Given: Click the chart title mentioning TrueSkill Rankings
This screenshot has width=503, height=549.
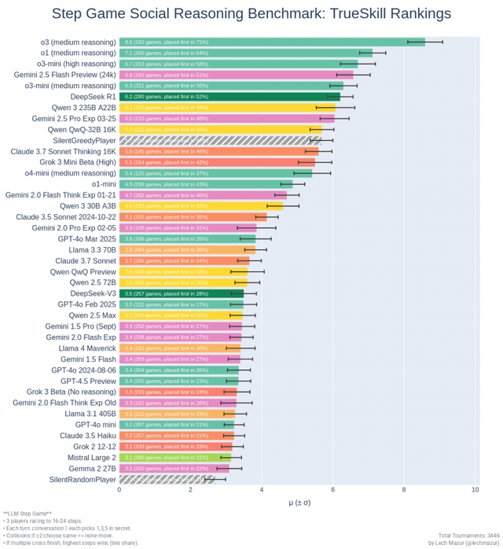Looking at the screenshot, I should pyautogui.click(x=251, y=14).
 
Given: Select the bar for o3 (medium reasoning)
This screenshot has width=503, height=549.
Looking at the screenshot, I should pyautogui.click(x=271, y=42).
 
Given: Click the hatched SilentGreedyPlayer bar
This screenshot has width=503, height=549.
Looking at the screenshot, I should pyautogui.click(x=220, y=140).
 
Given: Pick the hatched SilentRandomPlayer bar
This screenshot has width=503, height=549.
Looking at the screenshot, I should pyautogui.click(x=167, y=479).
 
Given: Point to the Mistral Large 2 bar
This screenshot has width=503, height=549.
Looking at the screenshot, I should pyautogui.click(x=174, y=457).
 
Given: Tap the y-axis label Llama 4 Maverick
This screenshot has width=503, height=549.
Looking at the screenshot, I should pyautogui.click(x=86, y=348).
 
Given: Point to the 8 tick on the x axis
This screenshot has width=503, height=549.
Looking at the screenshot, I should pyautogui.click(x=404, y=489).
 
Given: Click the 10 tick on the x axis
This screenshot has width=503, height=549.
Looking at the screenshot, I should pyautogui.click(x=475, y=489).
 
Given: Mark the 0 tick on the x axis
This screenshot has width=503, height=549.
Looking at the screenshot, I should pyautogui.click(x=119, y=489).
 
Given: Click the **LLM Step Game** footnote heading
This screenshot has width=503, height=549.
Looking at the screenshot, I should pyautogui.click(x=28, y=513).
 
